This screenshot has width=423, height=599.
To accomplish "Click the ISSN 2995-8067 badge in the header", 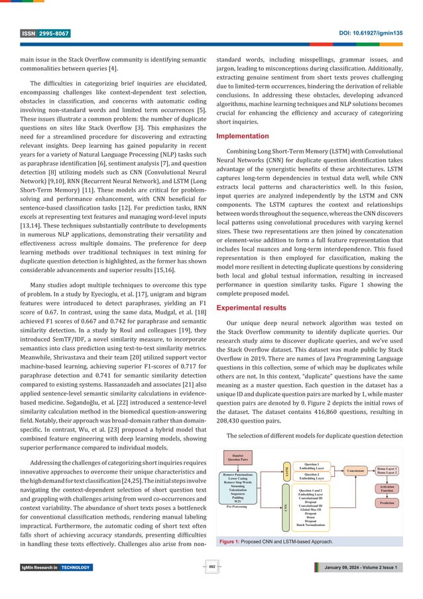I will pos(44,33).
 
